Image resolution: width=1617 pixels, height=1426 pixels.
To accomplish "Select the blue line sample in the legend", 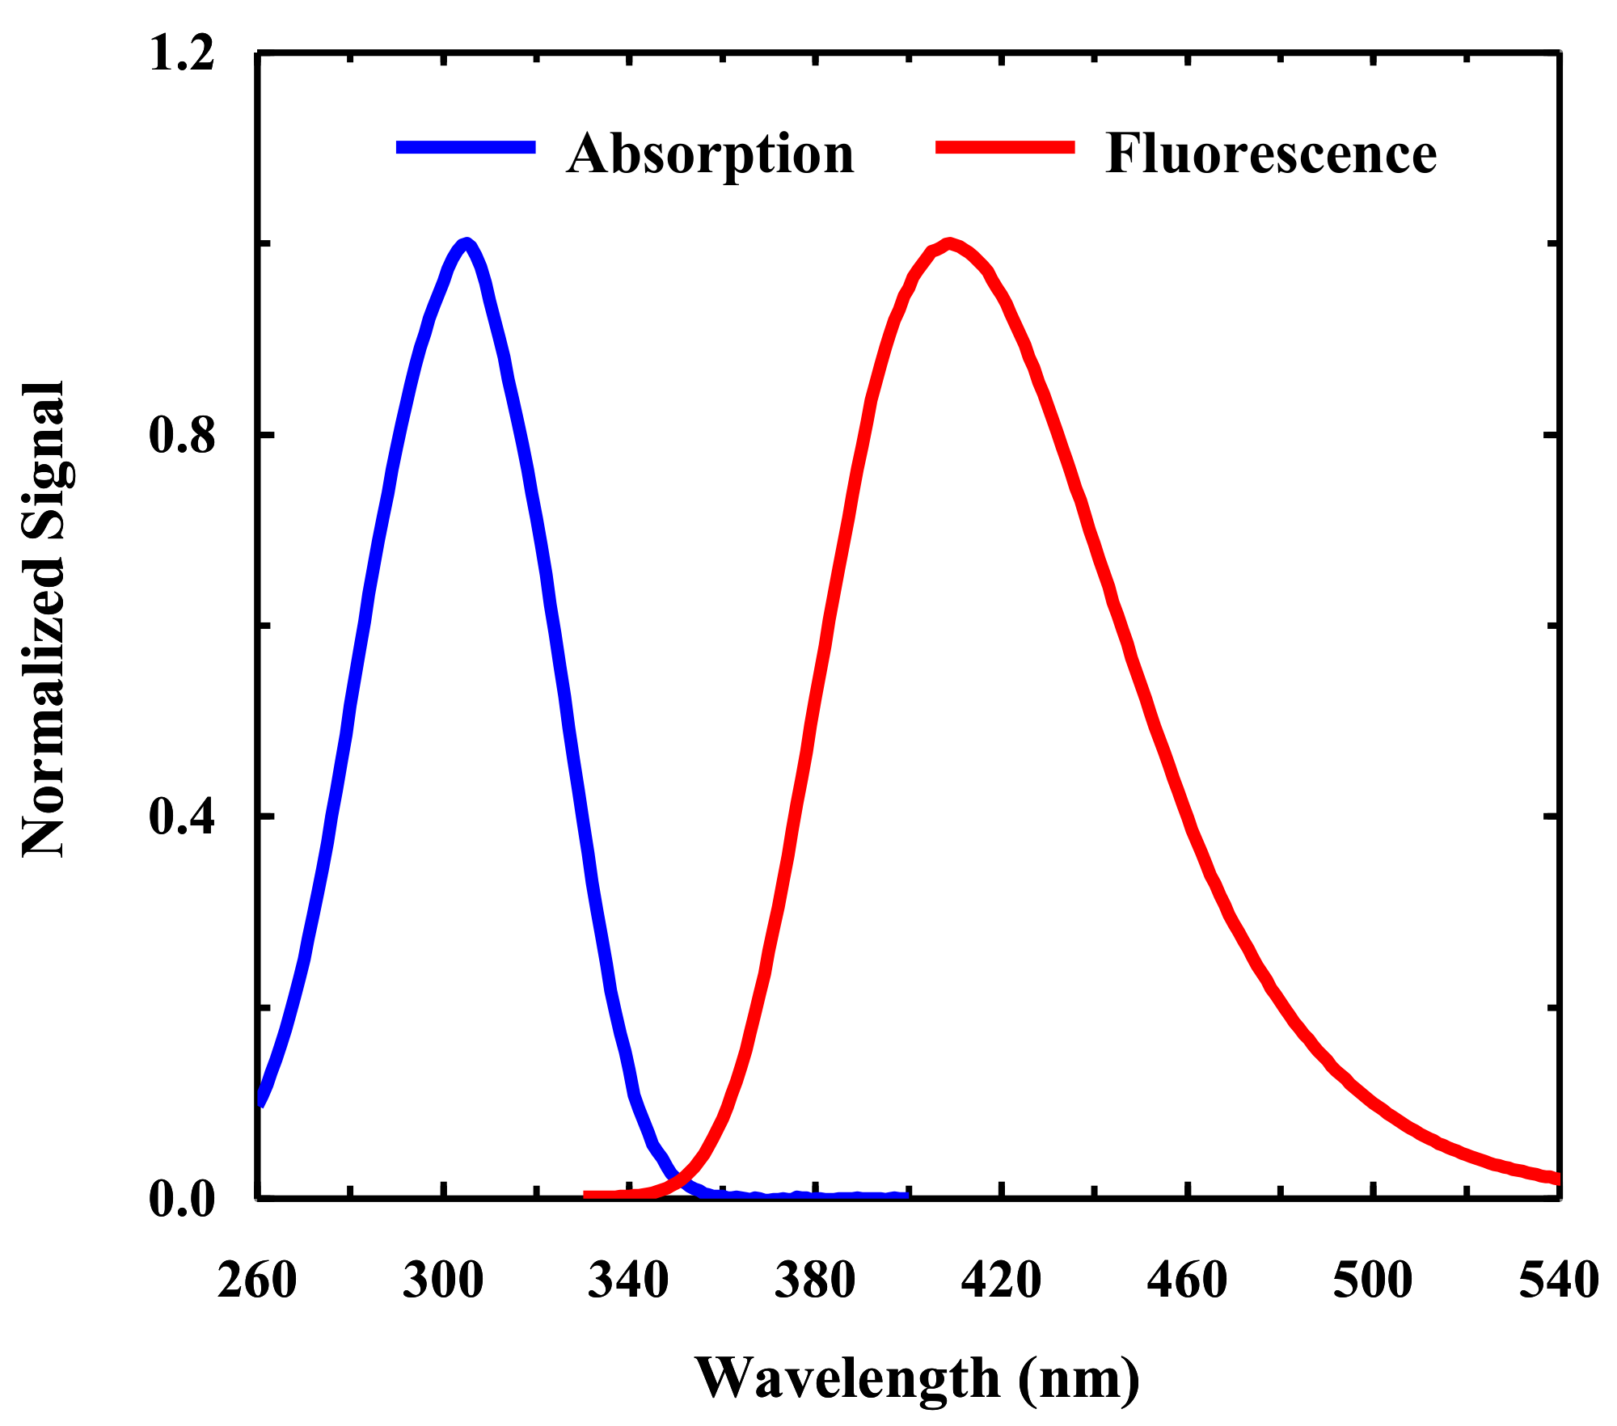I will click(466, 146).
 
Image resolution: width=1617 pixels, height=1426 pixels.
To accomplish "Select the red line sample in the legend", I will click(1005, 146).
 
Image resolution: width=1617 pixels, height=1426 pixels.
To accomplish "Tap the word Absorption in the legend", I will click(710, 154).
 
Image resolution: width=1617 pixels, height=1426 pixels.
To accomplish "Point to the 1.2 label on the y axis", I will click(182, 54).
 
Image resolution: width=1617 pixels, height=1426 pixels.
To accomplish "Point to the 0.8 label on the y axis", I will click(182, 436).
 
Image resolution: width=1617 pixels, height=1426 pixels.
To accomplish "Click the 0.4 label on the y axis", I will click(182, 817).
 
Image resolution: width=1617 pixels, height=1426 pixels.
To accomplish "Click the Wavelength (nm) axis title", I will click(918, 1379).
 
